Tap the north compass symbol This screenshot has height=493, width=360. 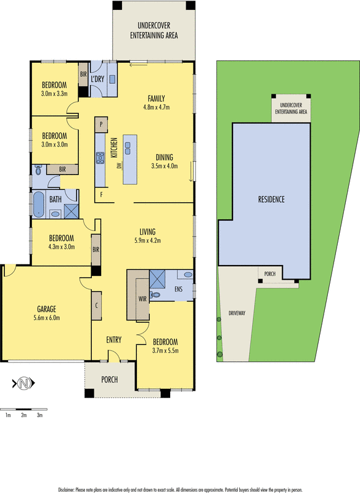click(23, 383)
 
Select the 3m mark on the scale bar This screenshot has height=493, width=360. click(39, 415)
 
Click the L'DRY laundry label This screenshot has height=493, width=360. click(97, 80)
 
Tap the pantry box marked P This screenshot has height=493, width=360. click(100, 124)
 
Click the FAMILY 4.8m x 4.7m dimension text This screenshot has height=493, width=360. click(156, 107)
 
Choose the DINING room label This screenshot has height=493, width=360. click(164, 157)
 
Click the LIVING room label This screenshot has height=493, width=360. click(147, 232)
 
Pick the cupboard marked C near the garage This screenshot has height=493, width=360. click(97, 305)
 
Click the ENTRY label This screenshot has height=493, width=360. click(113, 340)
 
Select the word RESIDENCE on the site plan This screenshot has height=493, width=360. click(271, 200)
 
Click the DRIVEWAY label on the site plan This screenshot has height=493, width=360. click(237, 313)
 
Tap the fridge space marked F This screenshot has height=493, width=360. click(101, 195)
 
